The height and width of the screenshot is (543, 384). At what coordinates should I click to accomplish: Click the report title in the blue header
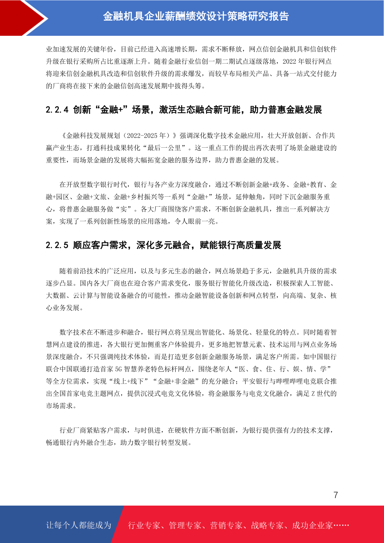[x=196, y=16]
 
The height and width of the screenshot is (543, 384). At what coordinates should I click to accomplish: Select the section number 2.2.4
[x=57, y=110]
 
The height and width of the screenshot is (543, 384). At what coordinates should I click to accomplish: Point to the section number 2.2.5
[x=57, y=245]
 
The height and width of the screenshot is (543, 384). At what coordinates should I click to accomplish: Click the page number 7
[x=336, y=495]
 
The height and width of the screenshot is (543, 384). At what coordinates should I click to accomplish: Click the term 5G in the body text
[x=118, y=369]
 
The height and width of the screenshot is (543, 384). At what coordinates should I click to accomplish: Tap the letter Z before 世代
[x=313, y=394]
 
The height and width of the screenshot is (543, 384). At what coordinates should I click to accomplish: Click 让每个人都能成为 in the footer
[x=79, y=525]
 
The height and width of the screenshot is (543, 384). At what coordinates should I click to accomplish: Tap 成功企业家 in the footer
[x=312, y=526]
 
